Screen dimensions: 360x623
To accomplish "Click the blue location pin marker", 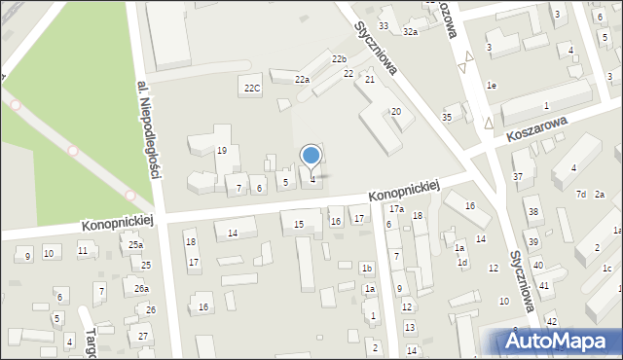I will (x=311, y=157).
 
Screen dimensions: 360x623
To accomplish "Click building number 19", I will (x=222, y=150).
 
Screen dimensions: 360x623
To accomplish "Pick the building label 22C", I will (x=252, y=89).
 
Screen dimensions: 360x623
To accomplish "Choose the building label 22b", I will (x=339, y=59).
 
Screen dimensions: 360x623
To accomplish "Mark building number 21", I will (x=370, y=79).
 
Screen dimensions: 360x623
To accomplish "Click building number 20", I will (x=396, y=112).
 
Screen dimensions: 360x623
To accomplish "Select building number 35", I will (x=447, y=118).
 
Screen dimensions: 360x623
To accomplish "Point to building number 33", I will (x=384, y=25).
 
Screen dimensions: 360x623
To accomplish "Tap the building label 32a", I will (x=411, y=32).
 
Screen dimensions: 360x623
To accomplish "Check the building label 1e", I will (x=493, y=86).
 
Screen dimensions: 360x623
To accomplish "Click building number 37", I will (x=518, y=176).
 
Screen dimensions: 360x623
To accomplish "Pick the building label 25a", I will (x=135, y=245).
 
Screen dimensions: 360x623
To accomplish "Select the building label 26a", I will (x=141, y=288).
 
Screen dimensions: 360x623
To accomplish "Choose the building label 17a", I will (x=396, y=209).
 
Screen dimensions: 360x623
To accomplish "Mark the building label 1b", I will (x=366, y=268).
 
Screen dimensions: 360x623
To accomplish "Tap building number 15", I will (x=299, y=225).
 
